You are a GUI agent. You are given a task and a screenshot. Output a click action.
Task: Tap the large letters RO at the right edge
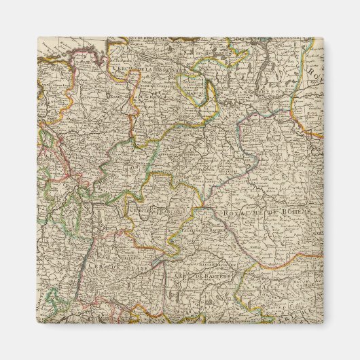click(x=314, y=72)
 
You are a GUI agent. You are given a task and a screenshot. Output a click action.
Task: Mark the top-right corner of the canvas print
click(x=323, y=37)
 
